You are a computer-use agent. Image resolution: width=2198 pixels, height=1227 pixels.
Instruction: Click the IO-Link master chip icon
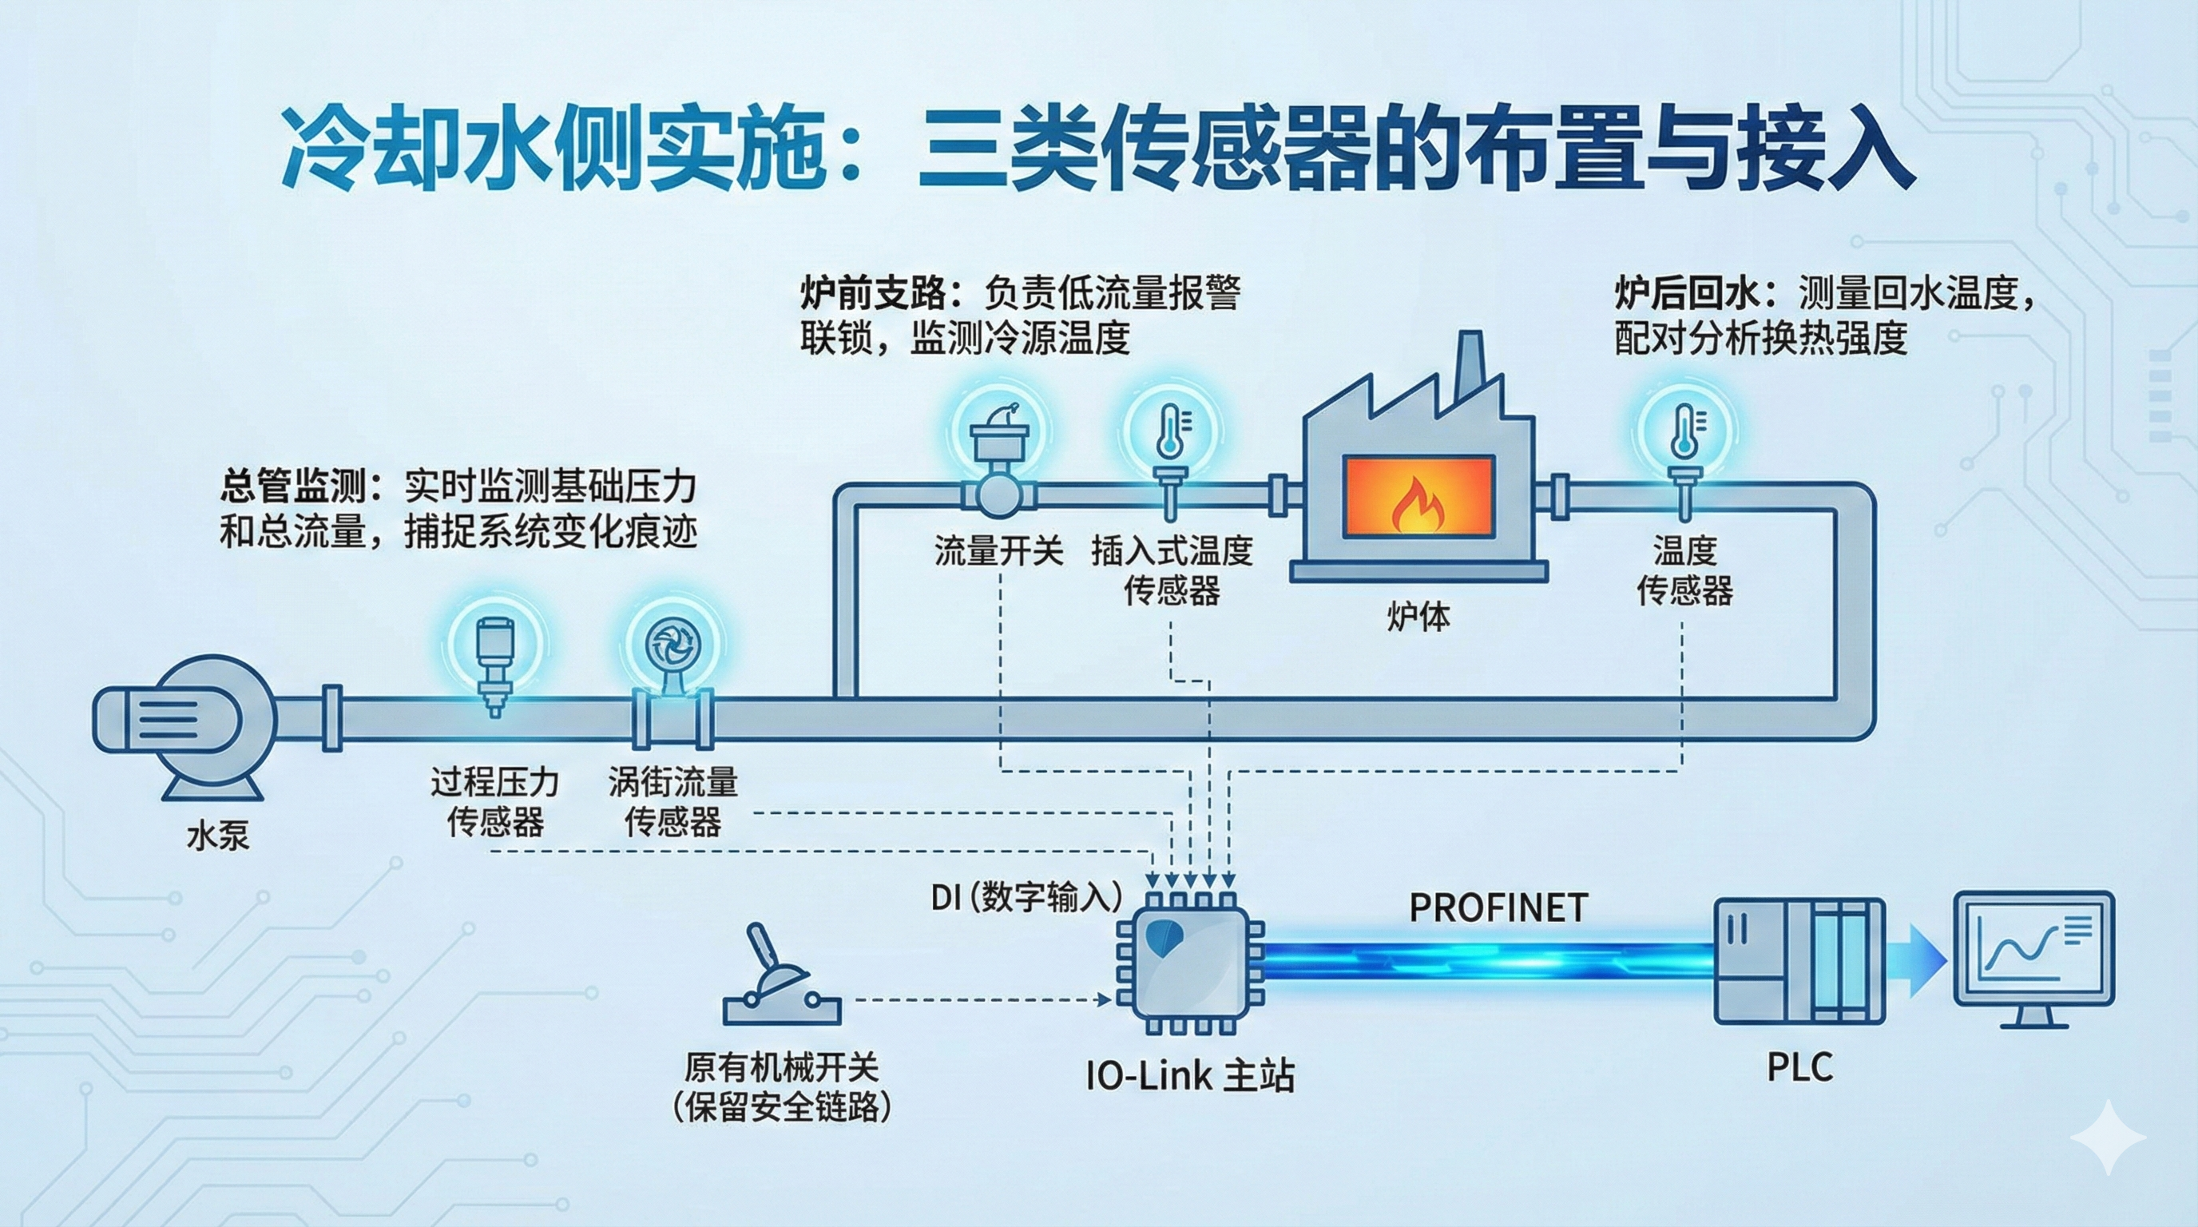click(x=1190, y=964)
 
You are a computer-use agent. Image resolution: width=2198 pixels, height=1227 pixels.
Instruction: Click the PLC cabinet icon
click(x=1799, y=961)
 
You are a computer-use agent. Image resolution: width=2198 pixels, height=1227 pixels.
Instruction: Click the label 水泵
click(x=217, y=836)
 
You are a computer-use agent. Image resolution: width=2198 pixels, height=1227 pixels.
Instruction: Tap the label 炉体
click(x=1418, y=615)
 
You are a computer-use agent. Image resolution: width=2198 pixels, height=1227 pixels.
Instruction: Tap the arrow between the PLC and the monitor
click(x=1924, y=961)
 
